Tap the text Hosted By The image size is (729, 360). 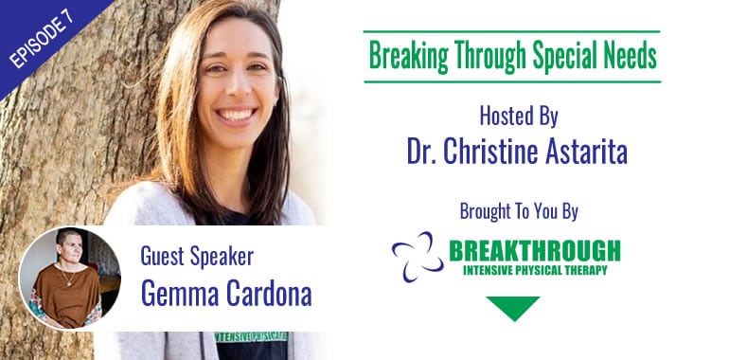click(x=519, y=117)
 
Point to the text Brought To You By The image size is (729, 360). click(x=519, y=210)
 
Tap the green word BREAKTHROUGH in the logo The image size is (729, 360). click(x=535, y=250)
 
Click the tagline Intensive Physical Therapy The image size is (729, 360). click(x=535, y=270)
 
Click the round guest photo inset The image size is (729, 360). click(x=69, y=278)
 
